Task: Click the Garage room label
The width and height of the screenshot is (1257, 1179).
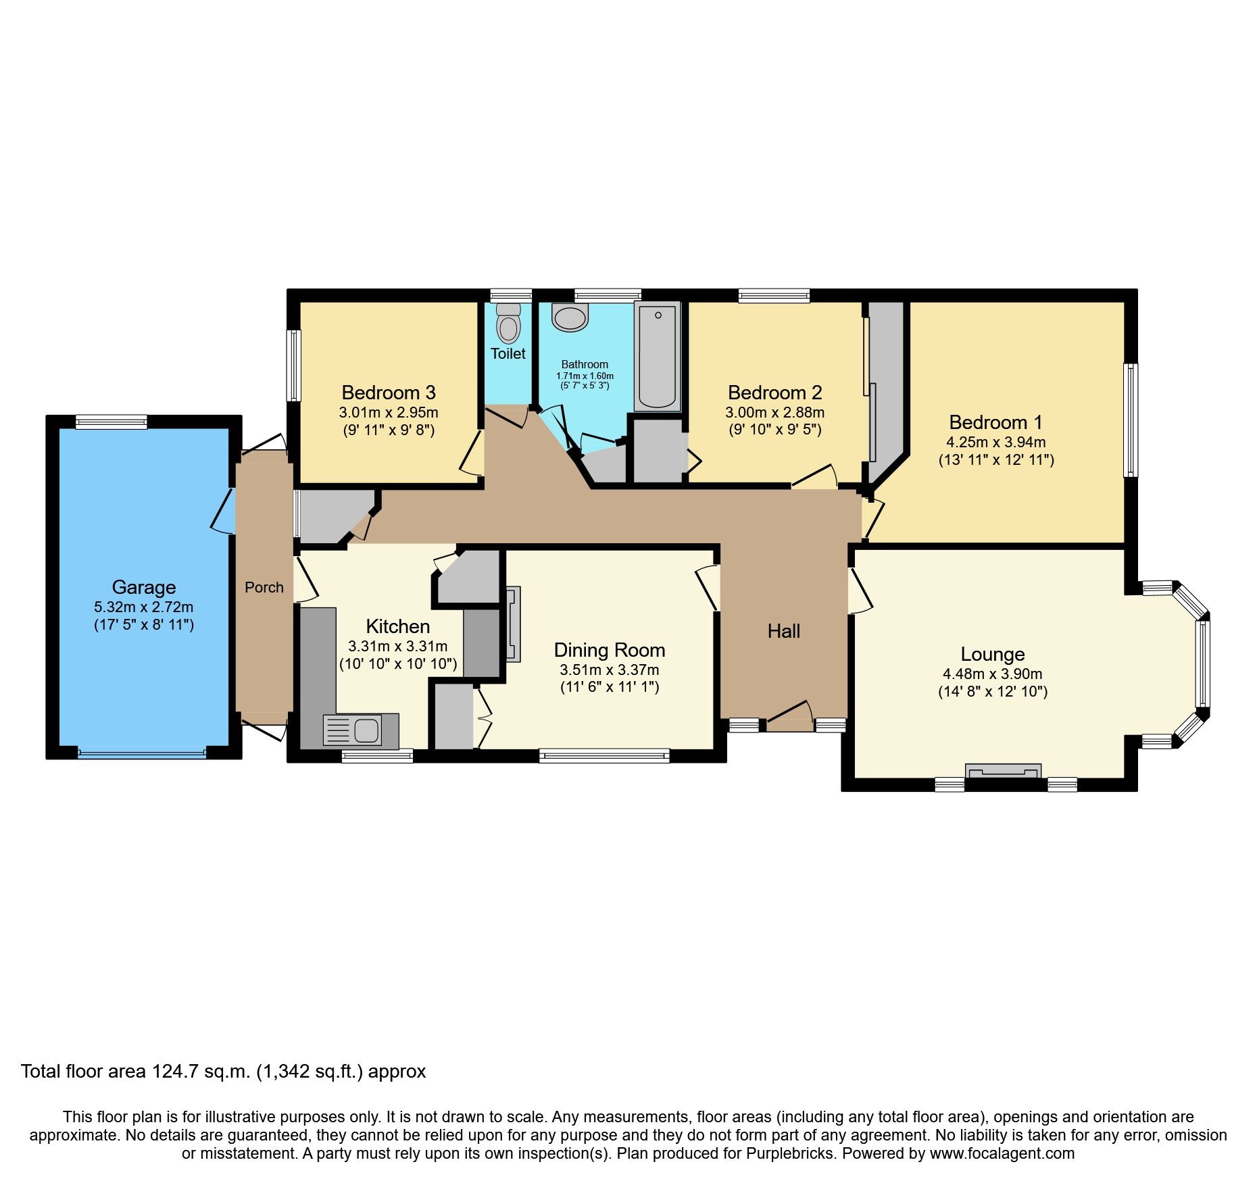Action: pos(144,587)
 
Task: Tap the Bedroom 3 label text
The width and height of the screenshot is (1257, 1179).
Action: pos(389,393)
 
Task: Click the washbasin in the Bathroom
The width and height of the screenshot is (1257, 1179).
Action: pos(570,316)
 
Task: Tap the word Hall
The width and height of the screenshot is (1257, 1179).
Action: pos(783,631)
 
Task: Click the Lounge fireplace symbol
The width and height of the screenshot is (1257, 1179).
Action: pos(1003,771)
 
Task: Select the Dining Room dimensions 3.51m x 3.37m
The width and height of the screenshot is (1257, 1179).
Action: pos(609,670)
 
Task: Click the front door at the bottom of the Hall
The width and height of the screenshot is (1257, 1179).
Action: pos(789,718)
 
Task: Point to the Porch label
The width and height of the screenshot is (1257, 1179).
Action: pos(264,587)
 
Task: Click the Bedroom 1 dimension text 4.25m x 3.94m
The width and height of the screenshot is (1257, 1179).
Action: pos(995,443)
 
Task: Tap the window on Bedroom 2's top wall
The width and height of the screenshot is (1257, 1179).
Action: pos(774,295)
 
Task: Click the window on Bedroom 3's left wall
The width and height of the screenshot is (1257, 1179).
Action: pos(293,366)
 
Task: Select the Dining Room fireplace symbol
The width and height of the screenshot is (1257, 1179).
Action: pos(513,624)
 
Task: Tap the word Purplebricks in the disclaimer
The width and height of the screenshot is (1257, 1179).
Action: pos(790,1153)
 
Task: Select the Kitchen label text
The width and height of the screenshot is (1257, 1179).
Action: pos(397,626)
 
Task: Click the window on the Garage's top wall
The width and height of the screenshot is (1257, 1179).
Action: pos(111,422)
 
